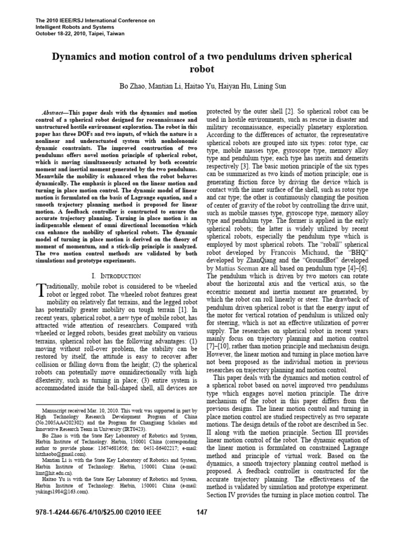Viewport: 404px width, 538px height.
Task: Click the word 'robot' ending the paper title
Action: (201, 68)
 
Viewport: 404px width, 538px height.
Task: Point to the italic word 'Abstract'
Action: (54, 113)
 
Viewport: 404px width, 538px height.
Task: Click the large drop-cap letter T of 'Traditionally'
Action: (44, 288)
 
